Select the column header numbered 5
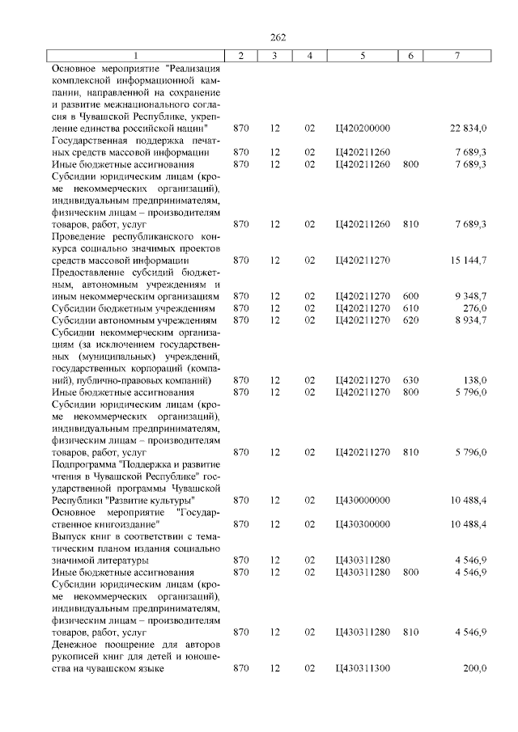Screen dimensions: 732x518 [x=362, y=55]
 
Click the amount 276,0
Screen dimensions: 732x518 [x=473, y=308]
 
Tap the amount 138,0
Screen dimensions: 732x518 [x=473, y=380]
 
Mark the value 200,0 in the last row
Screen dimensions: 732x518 [x=473, y=668]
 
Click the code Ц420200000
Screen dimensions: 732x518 [x=362, y=129]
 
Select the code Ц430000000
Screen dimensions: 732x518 [x=362, y=501]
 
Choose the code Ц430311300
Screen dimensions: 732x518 [x=362, y=668]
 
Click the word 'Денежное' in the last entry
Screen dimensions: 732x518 [x=74, y=644]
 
